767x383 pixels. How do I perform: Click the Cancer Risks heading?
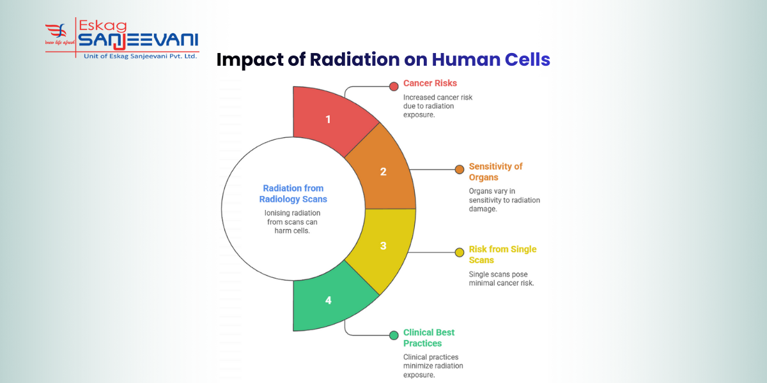[x=430, y=84]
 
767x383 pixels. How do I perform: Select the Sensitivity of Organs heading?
[x=495, y=172]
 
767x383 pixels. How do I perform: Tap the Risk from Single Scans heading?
[x=502, y=255]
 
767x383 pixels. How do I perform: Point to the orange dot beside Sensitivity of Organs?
[x=459, y=169]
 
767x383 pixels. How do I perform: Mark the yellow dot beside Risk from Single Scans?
[x=459, y=252]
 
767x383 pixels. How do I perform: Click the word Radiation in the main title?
[x=355, y=59]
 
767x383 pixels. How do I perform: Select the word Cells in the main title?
[x=526, y=59]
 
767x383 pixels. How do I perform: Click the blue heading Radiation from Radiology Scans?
[x=293, y=193]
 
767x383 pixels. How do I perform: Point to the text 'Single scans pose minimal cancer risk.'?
[x=501, y=278]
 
